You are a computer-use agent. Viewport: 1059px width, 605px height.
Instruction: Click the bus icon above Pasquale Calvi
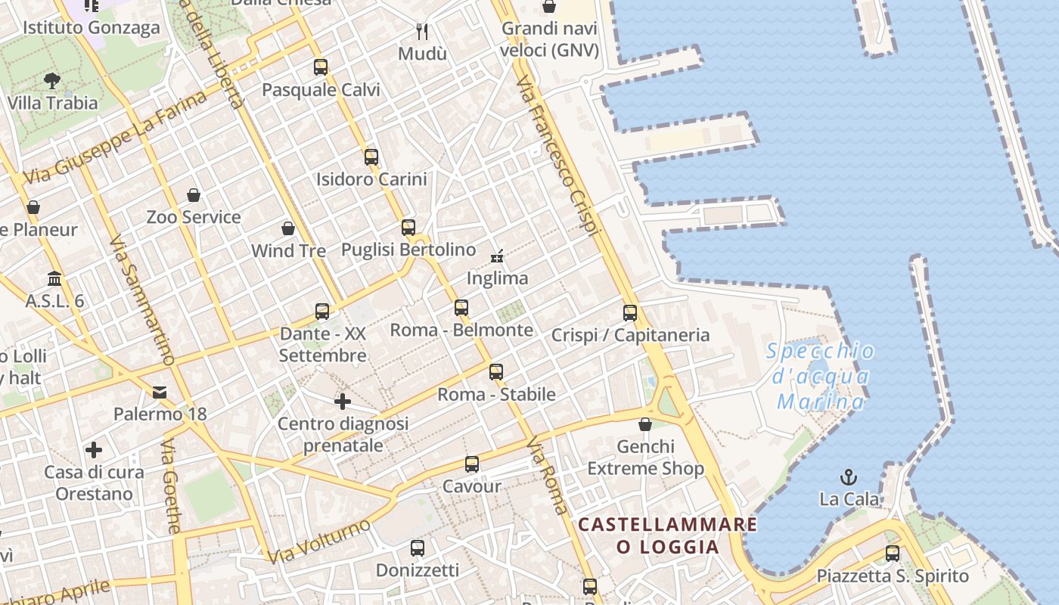(321, 67)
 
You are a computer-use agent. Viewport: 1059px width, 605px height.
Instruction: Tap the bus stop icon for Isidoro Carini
(371, 157)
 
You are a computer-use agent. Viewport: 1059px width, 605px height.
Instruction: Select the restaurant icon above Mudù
(422, 31)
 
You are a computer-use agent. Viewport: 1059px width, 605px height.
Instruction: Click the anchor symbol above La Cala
(849, 477)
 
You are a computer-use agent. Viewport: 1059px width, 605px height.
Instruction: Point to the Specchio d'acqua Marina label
(821, 376)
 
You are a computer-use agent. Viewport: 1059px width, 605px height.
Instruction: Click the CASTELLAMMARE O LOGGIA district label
(668, 535)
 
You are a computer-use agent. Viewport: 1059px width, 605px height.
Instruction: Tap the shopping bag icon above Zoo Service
(194, 195)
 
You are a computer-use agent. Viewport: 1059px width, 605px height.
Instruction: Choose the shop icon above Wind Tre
(288, 228)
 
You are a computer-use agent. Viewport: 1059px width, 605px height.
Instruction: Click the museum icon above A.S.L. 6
(54, 279)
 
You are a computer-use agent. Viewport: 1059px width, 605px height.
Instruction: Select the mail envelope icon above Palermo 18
(160, 392)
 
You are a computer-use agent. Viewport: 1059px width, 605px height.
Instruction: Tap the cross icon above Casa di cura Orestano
(94, 451)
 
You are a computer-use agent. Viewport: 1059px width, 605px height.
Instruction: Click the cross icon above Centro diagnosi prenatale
(343, 402)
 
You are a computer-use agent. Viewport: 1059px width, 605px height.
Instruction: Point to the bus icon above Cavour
(472, 464)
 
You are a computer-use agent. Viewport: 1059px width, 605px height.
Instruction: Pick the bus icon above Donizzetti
(417, 548)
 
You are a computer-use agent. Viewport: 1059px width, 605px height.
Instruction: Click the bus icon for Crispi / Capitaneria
(630, 313)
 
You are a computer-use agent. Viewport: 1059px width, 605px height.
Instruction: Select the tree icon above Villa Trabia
(52, 80)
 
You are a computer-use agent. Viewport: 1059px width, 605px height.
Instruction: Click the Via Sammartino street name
(142, 301)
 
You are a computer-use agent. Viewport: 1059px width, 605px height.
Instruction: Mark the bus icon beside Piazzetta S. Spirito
(893, 554)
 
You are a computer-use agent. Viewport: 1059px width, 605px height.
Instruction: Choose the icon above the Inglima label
(497, 256)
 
